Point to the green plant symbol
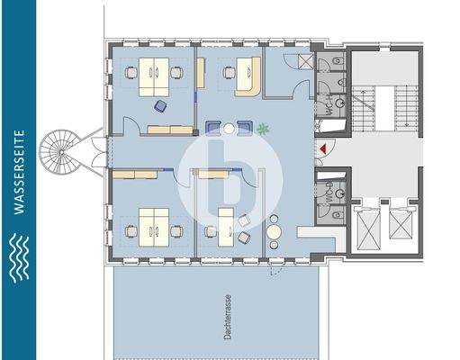click(x=263, y=128)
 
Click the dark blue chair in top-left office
click(x=161, y=106)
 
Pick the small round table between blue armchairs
click(x=230, y=129)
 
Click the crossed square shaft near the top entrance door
click(x=325, y=63)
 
